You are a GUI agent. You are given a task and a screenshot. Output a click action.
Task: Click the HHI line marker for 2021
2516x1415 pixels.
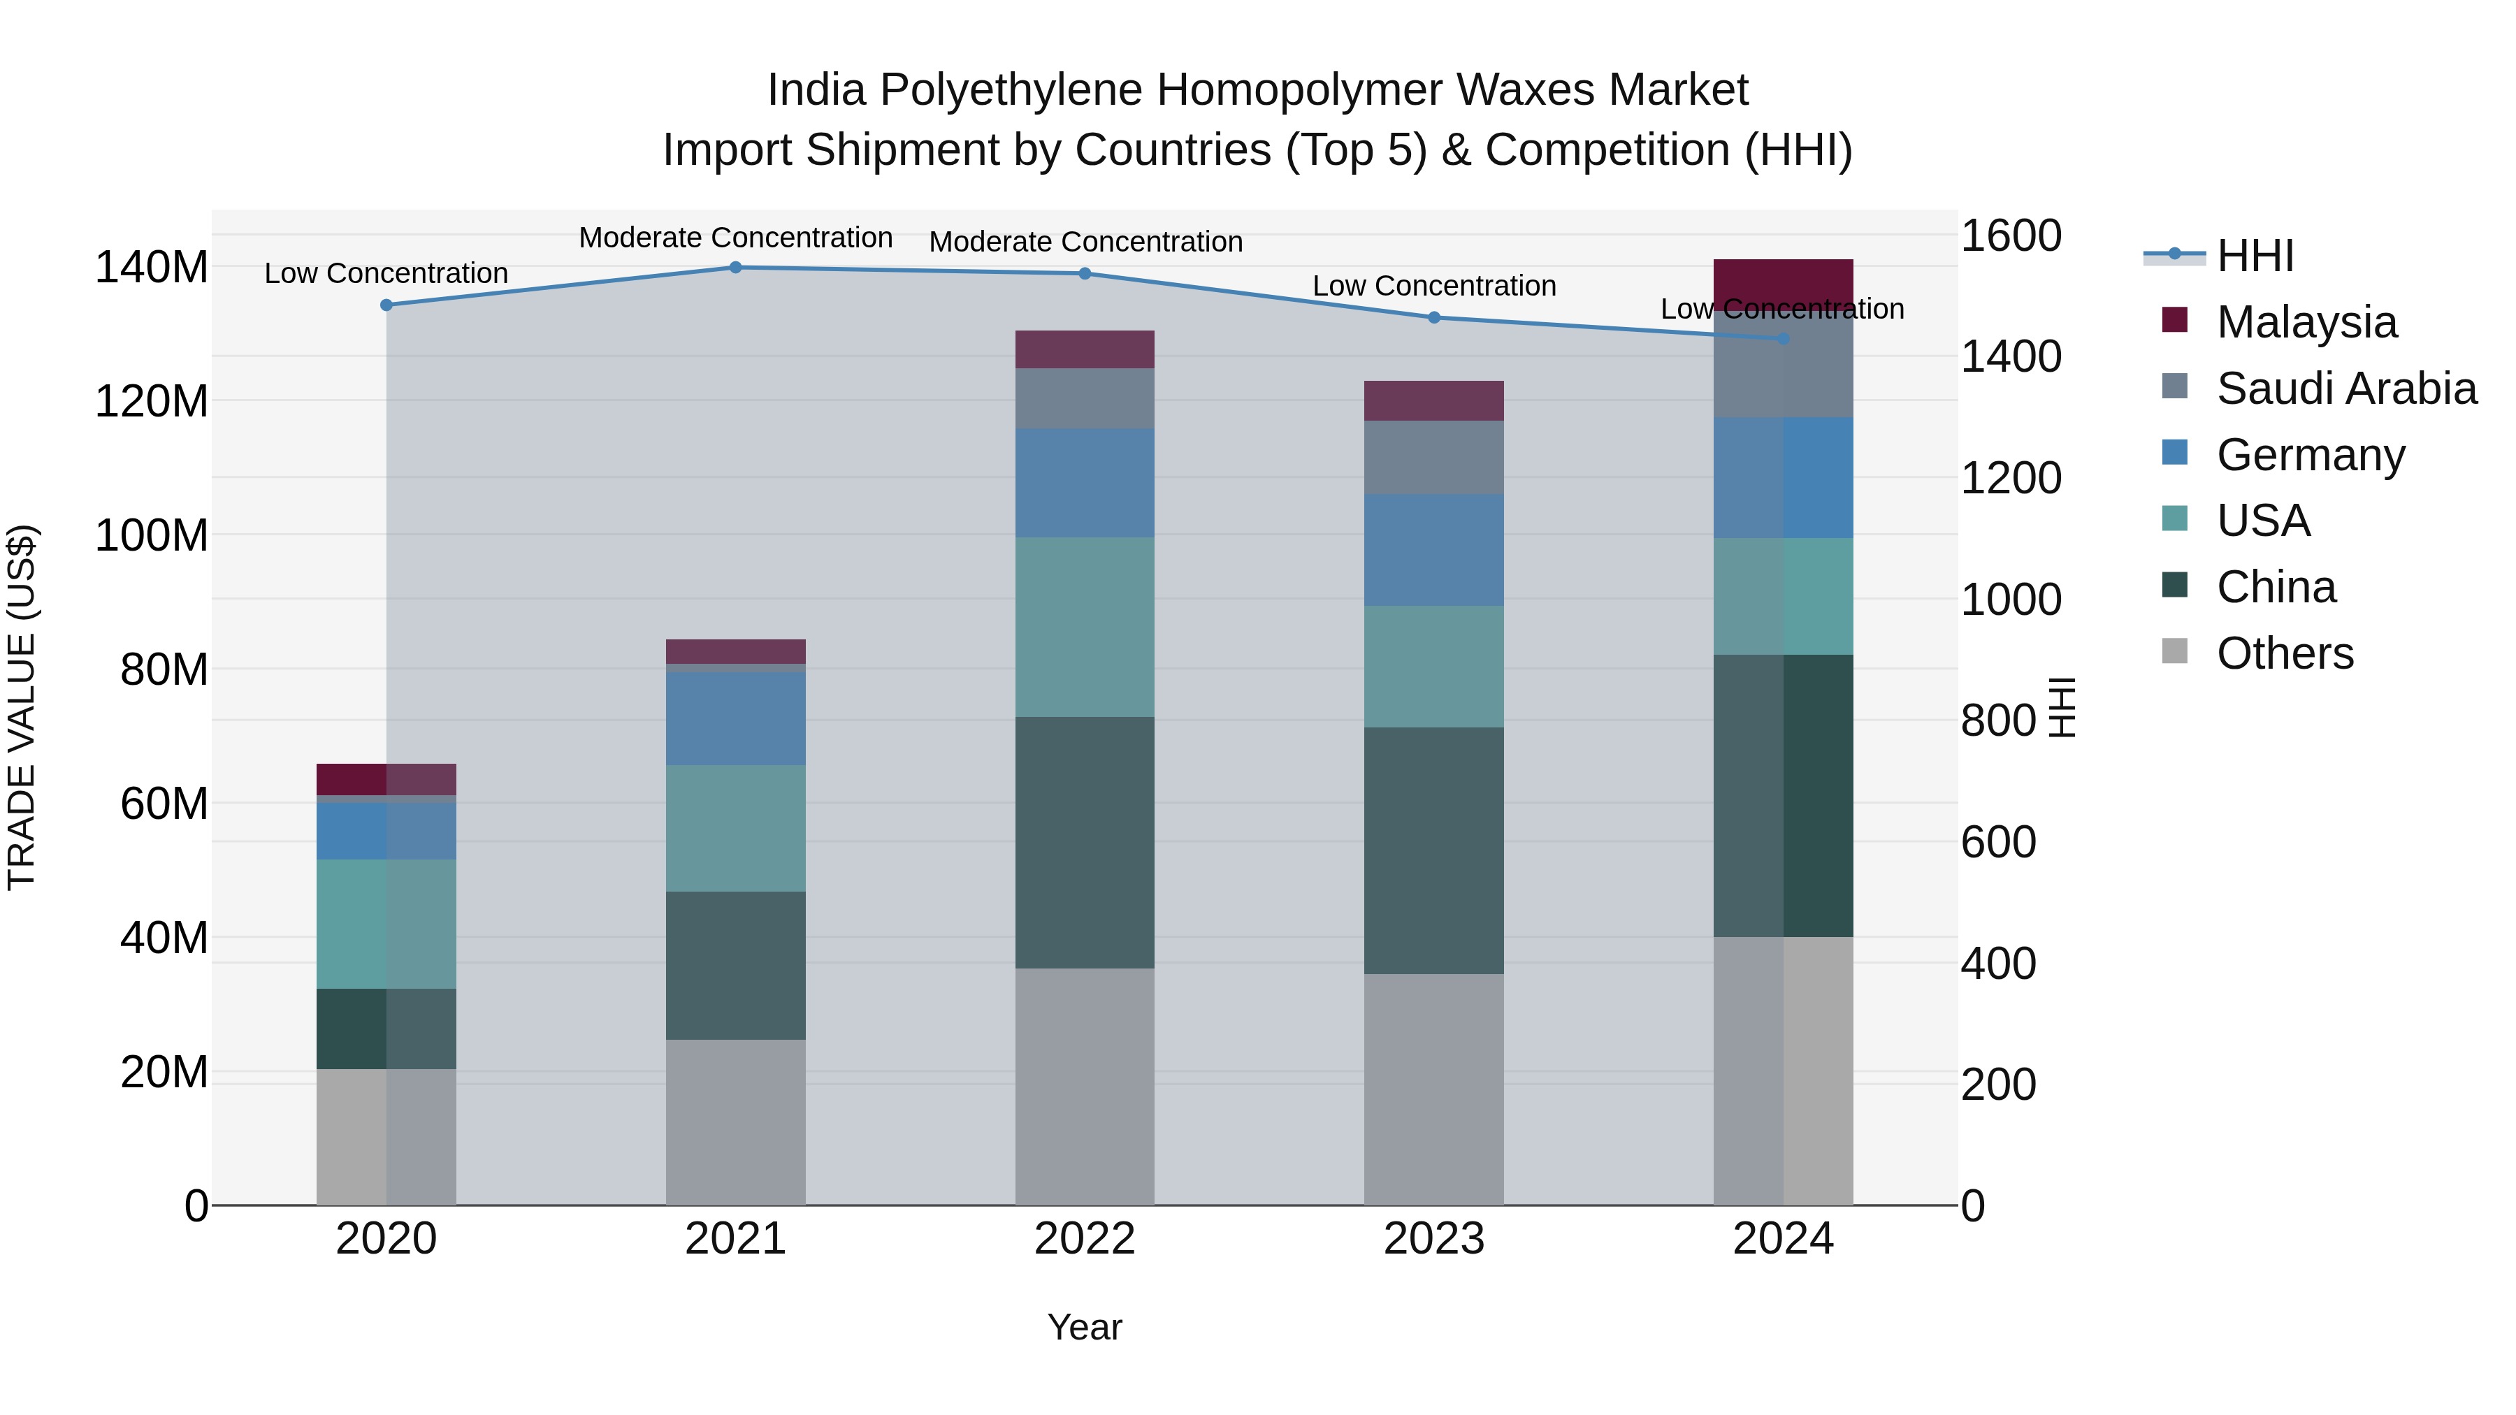coord(735,268)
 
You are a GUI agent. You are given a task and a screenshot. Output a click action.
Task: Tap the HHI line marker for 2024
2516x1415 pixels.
coord(1784,339)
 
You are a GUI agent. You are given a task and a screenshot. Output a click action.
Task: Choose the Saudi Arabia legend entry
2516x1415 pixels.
coord(2345,389)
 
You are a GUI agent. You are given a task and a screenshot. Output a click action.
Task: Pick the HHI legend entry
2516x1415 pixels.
coord(2254,256)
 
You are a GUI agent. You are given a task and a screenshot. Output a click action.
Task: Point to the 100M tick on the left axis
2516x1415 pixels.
coord(152,536)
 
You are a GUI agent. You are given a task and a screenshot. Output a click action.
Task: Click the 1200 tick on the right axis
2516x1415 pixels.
coord(2011,479)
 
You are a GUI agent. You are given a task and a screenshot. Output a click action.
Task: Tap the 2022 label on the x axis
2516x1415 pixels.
coord(1084,1239)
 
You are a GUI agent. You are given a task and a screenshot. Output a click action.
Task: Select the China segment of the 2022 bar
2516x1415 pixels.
coord(1084,842)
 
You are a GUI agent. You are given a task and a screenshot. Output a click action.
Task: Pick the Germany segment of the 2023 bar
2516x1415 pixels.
coord(1434,550)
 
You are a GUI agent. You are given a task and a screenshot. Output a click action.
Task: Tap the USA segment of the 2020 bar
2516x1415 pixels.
coord(386,924)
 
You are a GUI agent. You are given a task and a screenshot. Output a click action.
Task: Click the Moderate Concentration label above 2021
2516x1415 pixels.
coord(735,238)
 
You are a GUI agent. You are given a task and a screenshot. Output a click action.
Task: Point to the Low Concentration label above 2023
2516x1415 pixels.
coord(1434,286)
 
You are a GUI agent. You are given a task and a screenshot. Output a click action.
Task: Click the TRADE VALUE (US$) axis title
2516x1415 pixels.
coord(22,707)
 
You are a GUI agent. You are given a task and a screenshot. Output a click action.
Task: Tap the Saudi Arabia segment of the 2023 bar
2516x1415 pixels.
coord(1434,457)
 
